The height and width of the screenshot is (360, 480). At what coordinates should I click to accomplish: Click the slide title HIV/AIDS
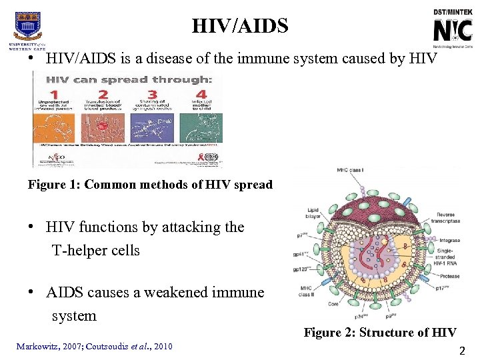pos(240,26)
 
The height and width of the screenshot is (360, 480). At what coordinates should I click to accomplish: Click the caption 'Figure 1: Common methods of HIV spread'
pos(150,185)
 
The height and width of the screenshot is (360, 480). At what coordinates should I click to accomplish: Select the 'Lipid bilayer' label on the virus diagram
pos(309,213)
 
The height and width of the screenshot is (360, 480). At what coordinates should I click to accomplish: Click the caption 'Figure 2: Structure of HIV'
pos(380,333)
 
